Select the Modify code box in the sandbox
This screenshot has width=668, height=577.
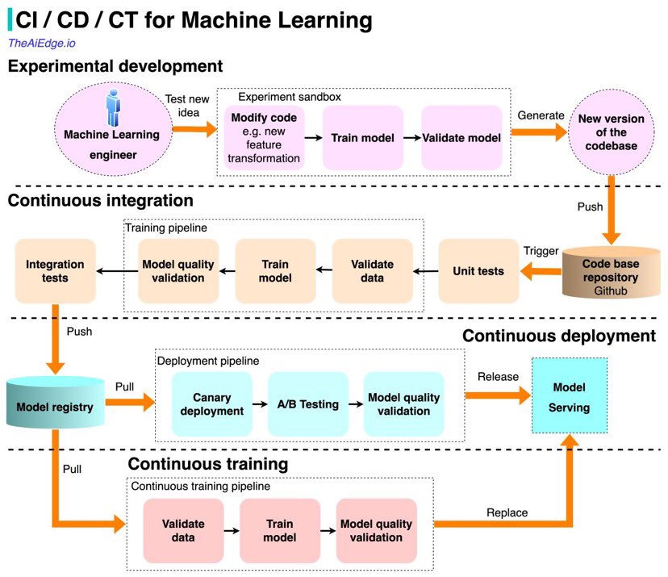(x=264, y=138)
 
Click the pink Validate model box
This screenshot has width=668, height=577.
(x=462, y=138)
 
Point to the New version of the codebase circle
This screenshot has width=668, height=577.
(x=612, y=132)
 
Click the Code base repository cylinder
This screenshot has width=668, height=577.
(x=612, y=271)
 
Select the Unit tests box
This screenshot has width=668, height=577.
(x=478, y=271)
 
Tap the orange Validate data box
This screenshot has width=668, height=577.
(x=373, y=271)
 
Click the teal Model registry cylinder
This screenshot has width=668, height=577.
(x=55, y=407)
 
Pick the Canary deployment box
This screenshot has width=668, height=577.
(x=212, y=404)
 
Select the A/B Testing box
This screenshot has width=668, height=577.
(x=307, y=404)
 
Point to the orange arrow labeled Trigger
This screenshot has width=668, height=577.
(x=540, y=273)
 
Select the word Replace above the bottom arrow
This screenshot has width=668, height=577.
(x=507, y=512)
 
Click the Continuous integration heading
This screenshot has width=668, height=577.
(x=101, y=200)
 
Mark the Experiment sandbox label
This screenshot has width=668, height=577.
(x=278, y=96)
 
